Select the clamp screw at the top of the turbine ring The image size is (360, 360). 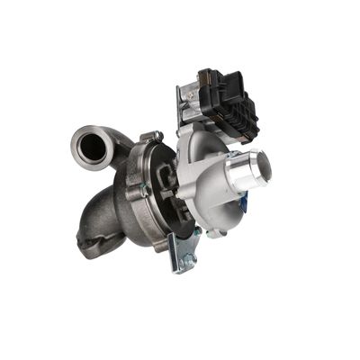[157, 136]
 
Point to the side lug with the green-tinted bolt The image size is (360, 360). [140, 191]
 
